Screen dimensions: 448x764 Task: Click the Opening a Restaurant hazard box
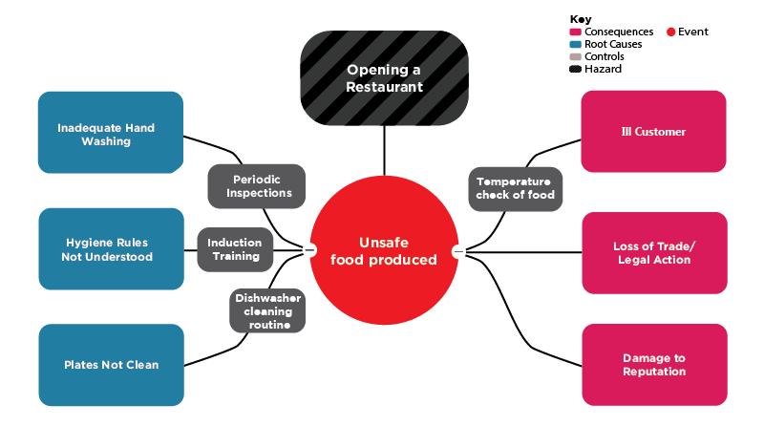tap(384, 77)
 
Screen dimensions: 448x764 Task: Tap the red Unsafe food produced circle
tap(384, 250)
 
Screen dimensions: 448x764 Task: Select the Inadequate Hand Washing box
tap(110, 133)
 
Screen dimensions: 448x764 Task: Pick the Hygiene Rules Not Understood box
tap(110, 249)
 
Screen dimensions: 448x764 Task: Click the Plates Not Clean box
tap(110, 365)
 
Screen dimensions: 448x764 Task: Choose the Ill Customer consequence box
tap(653, 132)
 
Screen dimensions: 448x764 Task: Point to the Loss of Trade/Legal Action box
tap(653, 253)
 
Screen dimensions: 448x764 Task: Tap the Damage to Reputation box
tap(653, 365)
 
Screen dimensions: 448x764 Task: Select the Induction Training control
tap(234, 249)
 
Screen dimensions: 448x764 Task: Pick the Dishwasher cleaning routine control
tap(267, 311)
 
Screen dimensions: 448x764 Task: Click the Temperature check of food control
tap(515, 188)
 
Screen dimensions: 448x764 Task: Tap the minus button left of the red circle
tap(309, 250)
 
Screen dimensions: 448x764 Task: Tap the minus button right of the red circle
tap(458, 251)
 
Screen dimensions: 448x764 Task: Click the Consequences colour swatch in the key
tap(575, 32)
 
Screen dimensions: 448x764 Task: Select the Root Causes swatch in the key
tap(575, 44)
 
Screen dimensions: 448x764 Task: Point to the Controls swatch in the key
tap(575, 56)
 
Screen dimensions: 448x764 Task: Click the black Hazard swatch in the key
tap(575, 69)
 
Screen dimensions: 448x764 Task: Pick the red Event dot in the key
tap(670, 32)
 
